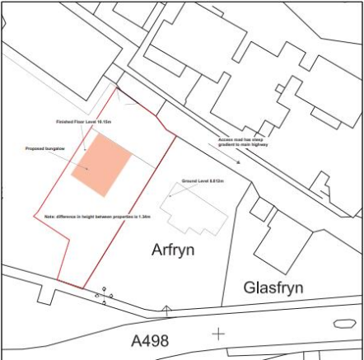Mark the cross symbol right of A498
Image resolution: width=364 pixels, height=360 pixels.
coord(218,334)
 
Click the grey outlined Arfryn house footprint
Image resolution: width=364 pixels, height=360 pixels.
coord(195,209)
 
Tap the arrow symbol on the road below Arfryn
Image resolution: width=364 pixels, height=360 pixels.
coord(167,311)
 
